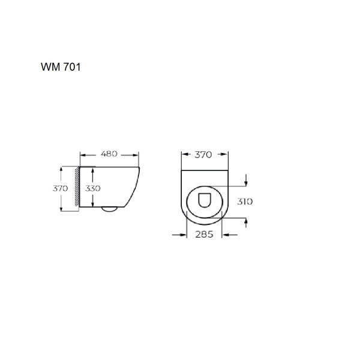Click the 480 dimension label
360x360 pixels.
(x=109, y=154)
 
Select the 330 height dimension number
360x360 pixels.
(x=93, y=188)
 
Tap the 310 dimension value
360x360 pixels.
(x=245, y=202)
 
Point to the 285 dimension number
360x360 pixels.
(x=205, y=235)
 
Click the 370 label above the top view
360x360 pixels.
(x=204, y=155)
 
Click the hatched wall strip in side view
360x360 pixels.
(x=76, y=188)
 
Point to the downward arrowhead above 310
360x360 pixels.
(x=247, y=183)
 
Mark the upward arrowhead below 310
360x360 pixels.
(x=247, y=222)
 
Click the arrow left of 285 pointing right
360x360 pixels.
(x=184, y=235)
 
